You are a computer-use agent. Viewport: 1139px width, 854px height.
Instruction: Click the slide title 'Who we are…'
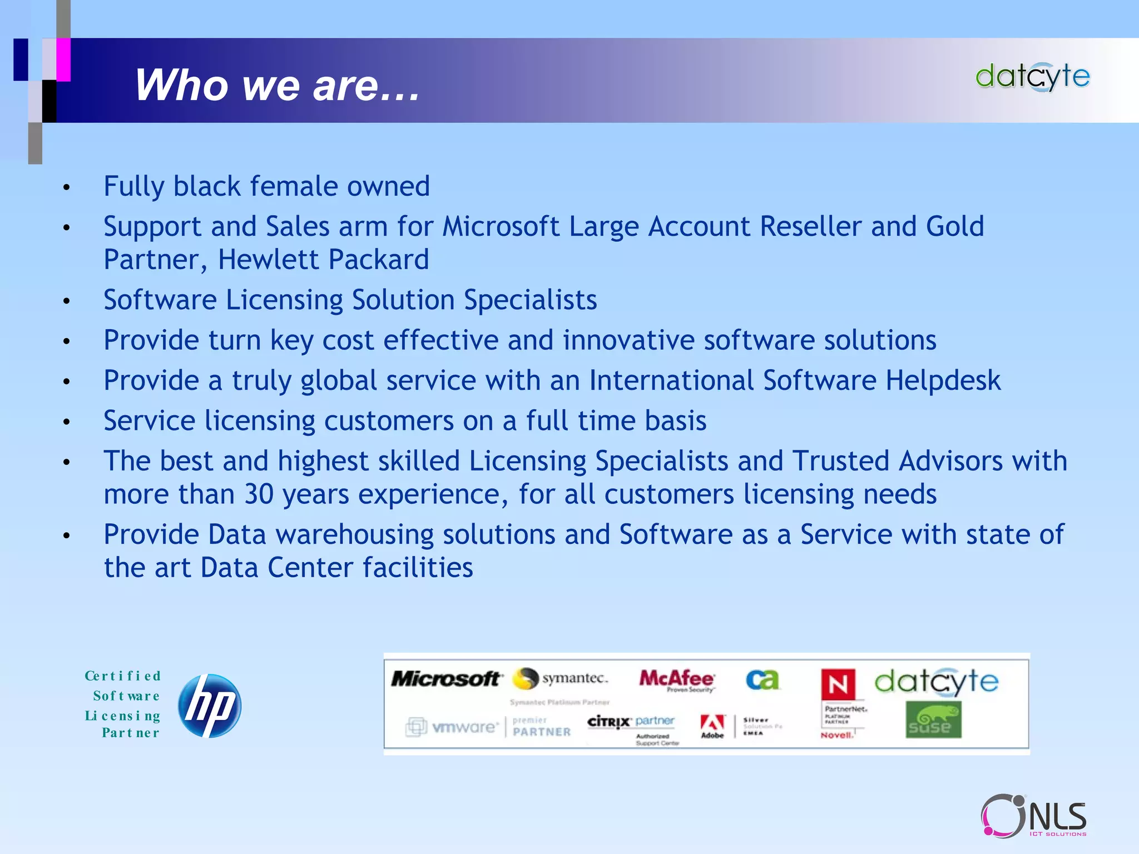pyautogui.click(x=277, y=85)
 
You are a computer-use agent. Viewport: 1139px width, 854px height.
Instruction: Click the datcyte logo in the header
pyautogui.click(x=1032, y=77)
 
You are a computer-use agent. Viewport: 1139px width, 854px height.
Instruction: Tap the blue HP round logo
pyautogui.click(x=210, y=706)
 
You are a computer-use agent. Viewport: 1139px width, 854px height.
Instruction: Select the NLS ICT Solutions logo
pyautogui.click(x=1034, y=816)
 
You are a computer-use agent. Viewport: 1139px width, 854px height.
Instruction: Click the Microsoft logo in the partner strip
pyautogui.click(x=445, y=679)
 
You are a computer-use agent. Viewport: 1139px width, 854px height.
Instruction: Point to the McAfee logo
pyautogui.click(x=676, y=679)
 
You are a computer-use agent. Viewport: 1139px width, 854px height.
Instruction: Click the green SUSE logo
pyautogui.click(x=933, y=720)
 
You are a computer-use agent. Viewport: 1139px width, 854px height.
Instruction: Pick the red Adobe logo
pyautogui.click(x=712, y=724)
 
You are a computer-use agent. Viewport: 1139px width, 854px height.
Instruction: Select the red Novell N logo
pyautogui.click(x=838, y=684)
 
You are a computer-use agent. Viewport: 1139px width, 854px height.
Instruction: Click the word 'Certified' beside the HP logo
pyautogui.click(x=123, y=676)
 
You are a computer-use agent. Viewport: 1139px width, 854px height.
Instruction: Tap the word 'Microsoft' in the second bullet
pyautogui.click(x=501, y=227)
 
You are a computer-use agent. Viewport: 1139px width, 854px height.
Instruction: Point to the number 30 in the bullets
pyautogui.click(x=259, y=494)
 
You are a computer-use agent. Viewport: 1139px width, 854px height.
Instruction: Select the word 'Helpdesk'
pyautogui.click(x=943, y=381)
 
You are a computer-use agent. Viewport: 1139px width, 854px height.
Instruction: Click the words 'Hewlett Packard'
pyautogui.click(x=323, y=260)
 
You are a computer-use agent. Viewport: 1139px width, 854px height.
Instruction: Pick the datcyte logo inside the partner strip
pyautogui.click(x=936, y=682)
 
